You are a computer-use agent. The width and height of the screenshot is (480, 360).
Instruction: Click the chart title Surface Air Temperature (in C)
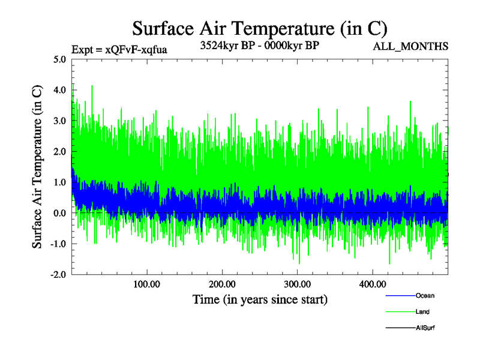pyautogui.click(x=260, y=28)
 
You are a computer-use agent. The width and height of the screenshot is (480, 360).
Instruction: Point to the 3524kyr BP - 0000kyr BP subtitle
pyautogui.click(x=259, y=46)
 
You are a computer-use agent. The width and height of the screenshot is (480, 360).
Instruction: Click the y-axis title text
pyautogui.click(x=37, y=167)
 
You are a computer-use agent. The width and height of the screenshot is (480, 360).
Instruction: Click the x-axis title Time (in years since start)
pyautogui.click(x=260, y=299)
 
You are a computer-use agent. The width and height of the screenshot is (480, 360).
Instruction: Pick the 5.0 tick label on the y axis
pyautogui.click(x=60, y=59)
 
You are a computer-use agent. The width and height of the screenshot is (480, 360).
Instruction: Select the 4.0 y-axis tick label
pyautogui.click(x=60, y=90)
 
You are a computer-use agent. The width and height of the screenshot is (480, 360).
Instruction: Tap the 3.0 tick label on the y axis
pyautogui.click(x=60, y=121)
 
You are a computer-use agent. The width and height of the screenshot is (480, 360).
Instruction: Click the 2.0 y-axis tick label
pyautogui.click(x=60, y=151)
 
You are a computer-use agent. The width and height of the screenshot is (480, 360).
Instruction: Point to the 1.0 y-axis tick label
pyautogui.click(x=60, y=182)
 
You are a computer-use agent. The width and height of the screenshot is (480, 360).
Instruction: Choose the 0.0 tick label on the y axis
pyautogui.click(x=60, y=212)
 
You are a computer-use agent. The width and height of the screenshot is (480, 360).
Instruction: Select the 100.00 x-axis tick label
pyautogui.click(x=147, y=284)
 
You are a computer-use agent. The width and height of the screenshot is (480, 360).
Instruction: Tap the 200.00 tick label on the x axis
pyautogui.click(x=222, y=284)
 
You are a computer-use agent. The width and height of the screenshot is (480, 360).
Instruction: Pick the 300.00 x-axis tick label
pyautogui.click(x=297, y=284)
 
